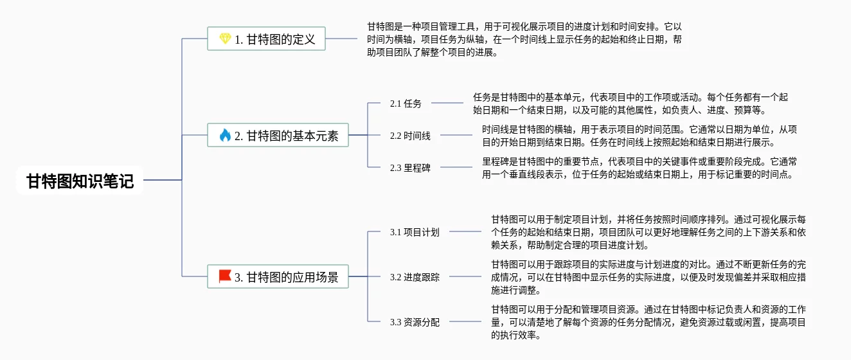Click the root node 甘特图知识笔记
coord(80,181)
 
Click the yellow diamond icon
coord(225,39)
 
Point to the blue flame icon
coord(225,136)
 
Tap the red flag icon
coord(225,277)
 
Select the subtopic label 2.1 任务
coord(406,104)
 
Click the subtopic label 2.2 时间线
coord(410,136)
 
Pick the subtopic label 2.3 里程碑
coord(410,168)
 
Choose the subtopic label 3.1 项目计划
coord(415,232)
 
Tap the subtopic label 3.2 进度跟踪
coord(415,278)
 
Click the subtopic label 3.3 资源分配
coord(415,322)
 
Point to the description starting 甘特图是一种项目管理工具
coord(524,40)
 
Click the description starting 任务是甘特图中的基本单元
coord(630,104)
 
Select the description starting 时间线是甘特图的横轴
coord(640,136)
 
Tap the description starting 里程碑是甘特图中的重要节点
coord(640,168)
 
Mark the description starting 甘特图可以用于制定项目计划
coord(648,232)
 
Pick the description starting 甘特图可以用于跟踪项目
coord(648,278)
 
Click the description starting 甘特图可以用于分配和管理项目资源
coord(648,322)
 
